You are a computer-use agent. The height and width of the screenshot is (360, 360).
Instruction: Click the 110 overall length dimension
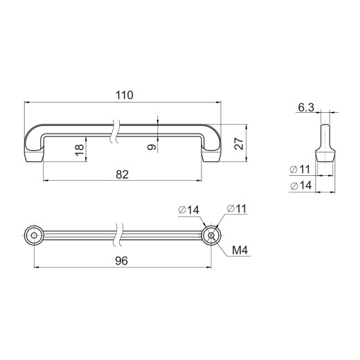point(125,95)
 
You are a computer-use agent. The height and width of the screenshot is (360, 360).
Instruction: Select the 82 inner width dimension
point(122,174)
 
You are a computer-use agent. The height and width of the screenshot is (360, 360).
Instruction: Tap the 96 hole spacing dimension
point(121,261)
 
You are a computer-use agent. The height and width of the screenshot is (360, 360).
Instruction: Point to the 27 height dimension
point(239,143)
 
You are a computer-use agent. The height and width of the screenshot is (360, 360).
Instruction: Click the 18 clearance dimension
point(80,150)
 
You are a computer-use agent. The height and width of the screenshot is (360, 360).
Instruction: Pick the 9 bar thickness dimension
point(152,147)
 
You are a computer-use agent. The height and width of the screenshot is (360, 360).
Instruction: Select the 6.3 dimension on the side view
point(306,107)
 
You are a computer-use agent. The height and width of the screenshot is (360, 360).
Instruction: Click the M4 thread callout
point(240,250)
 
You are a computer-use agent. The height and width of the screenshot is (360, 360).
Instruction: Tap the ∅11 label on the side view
point(300,170)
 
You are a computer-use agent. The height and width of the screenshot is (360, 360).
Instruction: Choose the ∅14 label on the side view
point(301,186)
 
